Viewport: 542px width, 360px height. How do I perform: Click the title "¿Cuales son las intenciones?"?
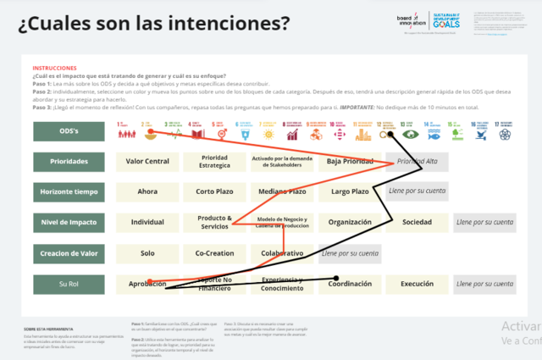153,23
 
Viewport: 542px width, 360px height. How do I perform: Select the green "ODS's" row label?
69,131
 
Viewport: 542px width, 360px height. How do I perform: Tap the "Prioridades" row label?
69,162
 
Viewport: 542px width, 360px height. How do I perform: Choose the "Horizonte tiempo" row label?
69,192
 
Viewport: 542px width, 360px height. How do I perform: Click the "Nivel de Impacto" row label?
69,223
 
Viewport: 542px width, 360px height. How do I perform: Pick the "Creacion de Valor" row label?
69,253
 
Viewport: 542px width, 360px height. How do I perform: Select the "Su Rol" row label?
69,284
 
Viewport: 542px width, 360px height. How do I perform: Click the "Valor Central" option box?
147,162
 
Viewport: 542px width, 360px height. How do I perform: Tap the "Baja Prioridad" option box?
350,162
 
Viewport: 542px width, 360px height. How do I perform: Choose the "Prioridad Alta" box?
417,162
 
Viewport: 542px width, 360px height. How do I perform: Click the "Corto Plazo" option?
214,192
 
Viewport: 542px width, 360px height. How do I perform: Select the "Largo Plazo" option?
350,192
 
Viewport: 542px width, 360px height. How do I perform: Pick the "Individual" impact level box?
147,223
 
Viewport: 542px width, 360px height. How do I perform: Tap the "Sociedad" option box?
417,223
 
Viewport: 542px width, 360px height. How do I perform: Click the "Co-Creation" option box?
214,253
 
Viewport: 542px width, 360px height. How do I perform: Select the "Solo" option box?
147,253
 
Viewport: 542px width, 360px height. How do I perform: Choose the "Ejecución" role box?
417,284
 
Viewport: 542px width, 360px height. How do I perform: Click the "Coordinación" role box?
350,284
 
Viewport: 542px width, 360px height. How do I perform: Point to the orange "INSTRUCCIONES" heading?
54,68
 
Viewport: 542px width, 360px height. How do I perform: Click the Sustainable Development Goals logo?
446,21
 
